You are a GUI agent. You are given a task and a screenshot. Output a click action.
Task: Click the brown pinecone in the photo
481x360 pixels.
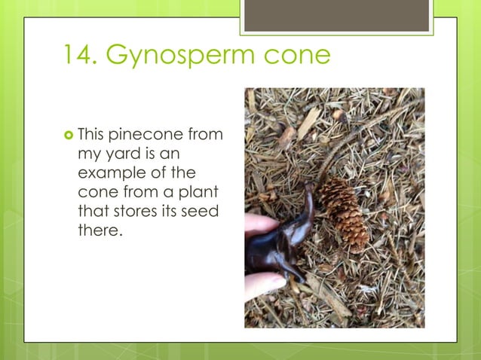345,212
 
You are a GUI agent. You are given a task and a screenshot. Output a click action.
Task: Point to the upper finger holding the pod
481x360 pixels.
259,224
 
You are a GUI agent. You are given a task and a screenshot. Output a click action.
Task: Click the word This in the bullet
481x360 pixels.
91,136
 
